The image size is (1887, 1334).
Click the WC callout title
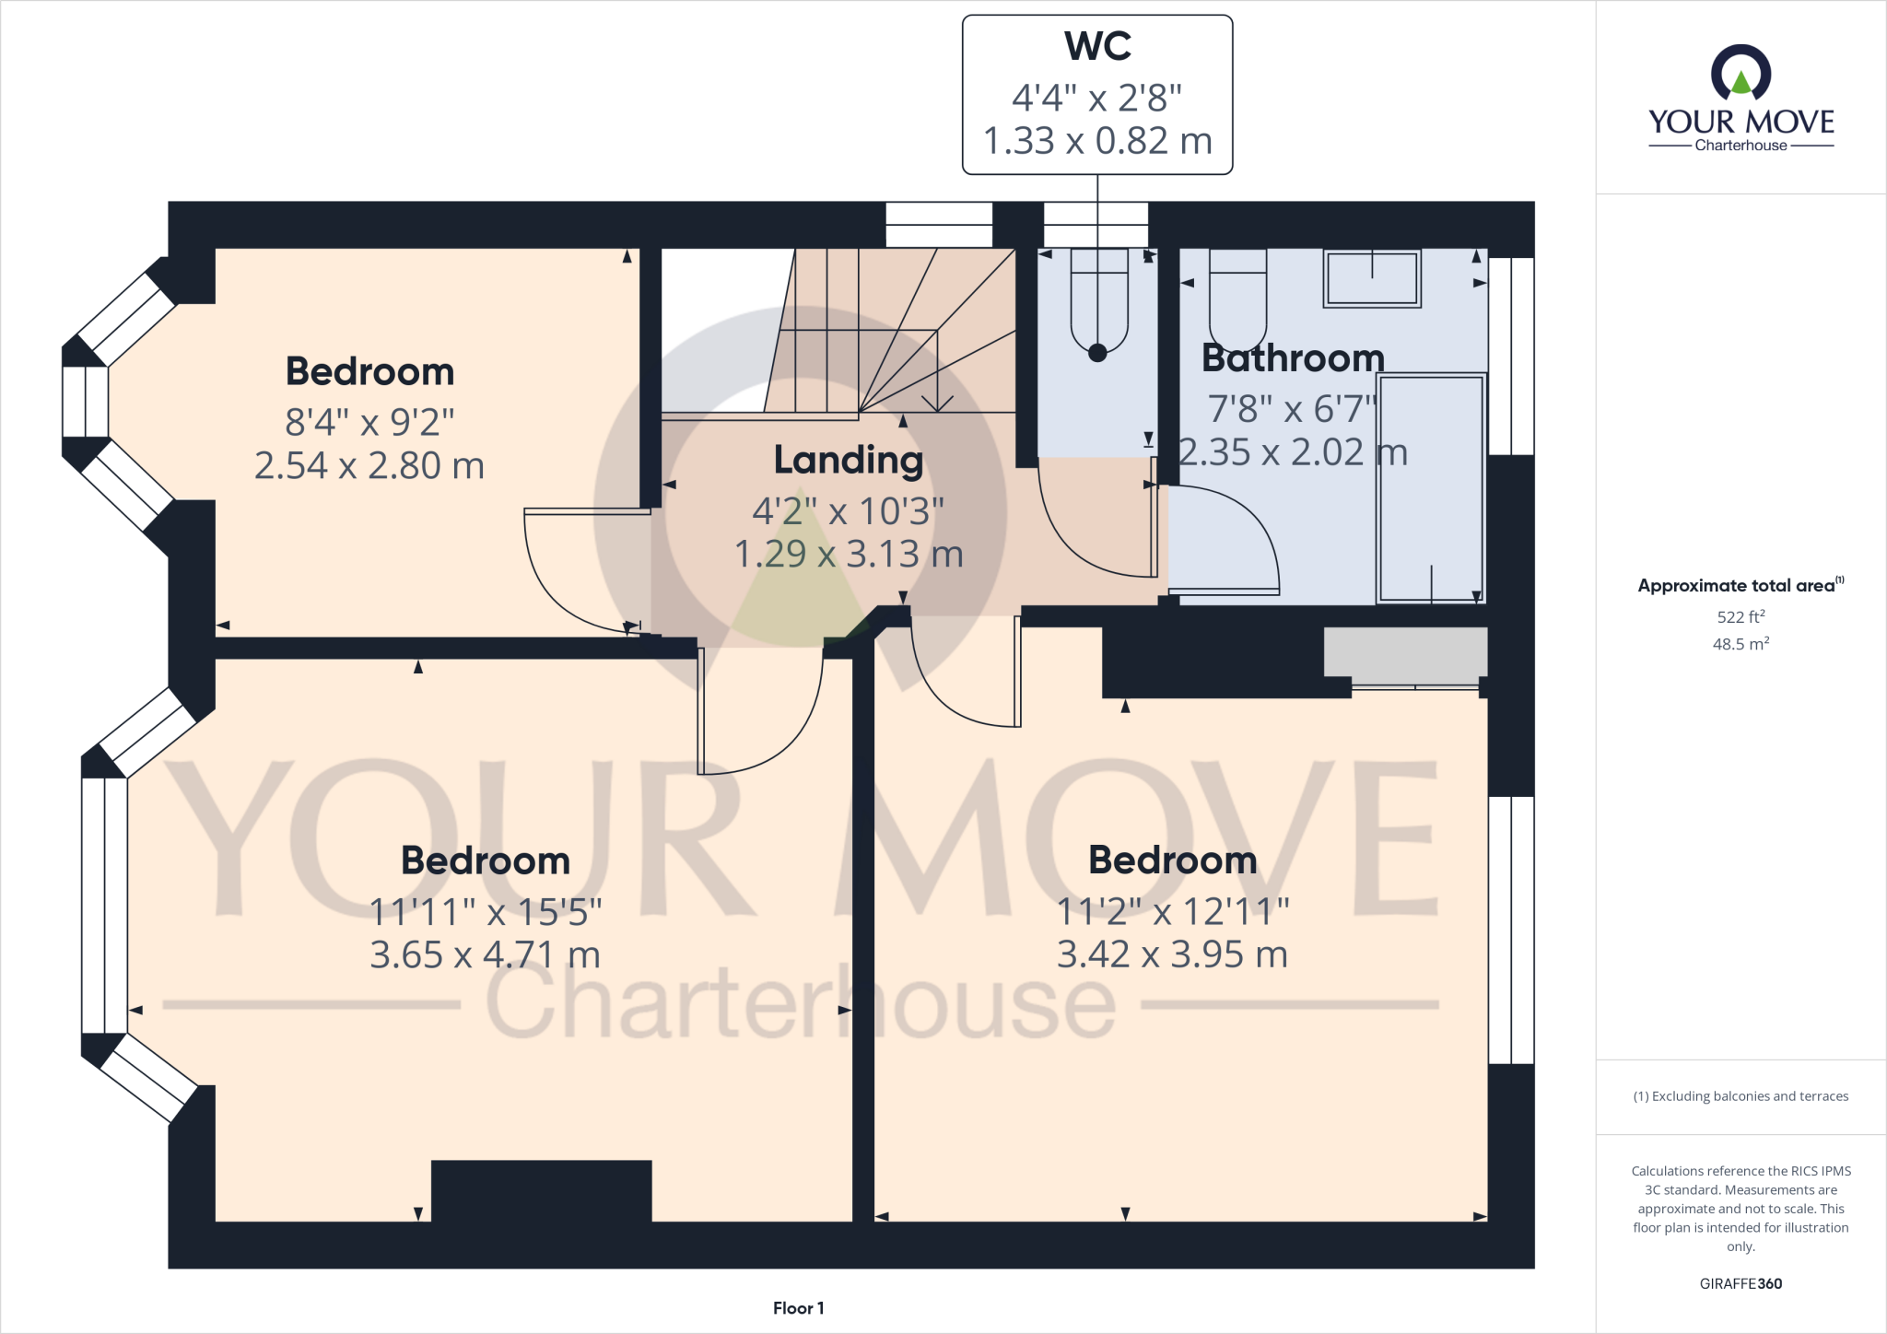coord(1097,46)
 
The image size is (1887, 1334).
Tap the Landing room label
coord(848,460)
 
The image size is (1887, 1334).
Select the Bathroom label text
coord(1292,357)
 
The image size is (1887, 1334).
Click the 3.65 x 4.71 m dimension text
coord(485,955)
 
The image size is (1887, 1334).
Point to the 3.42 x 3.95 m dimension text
coord(1171,954)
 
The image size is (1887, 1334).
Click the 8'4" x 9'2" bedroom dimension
coord(369,422)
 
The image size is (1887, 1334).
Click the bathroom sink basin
coord(1372,277)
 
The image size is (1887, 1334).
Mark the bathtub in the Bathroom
coord(1430,487)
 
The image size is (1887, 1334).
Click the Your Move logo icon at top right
coord(1740,74)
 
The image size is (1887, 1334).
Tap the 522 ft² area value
coord(1740,616)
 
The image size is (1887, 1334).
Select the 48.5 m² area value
coord(1740,644)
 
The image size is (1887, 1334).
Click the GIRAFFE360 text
coord(1740,1283)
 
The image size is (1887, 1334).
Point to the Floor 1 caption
coord(798,1308)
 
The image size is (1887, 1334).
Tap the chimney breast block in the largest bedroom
coord(541,1190)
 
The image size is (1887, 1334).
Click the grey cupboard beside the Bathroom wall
coord(1405,651)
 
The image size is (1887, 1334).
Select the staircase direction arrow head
coord(937,404)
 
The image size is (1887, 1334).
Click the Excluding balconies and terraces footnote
coord(1740,1096)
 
